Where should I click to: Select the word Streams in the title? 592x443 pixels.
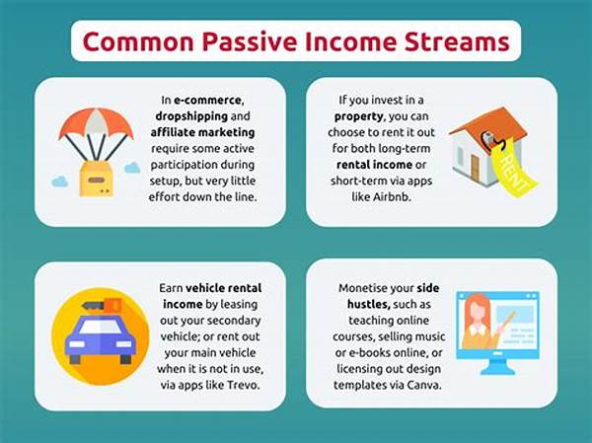(457, 42)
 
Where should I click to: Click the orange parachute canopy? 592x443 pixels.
(96, 124)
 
